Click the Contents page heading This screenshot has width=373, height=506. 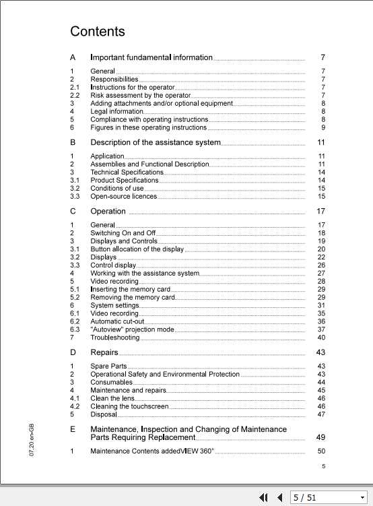coord(98,32)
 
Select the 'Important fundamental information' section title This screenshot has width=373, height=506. coord(151,57)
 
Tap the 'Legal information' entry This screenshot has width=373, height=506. coord(117,111)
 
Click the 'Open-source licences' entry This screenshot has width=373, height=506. coord(124,196)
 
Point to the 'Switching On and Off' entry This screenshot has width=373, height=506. coord(123,232)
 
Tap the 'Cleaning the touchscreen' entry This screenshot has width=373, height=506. coord(129,406)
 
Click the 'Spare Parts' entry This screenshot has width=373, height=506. coord(108,366)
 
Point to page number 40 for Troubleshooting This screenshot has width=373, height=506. coord(321,338)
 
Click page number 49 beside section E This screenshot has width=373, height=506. coord(320,437)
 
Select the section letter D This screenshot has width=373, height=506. coord(73,352)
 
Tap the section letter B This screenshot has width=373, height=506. coord(73,142)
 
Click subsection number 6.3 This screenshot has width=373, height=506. coord(75,329)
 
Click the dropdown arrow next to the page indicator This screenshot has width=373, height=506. coord(362,497)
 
